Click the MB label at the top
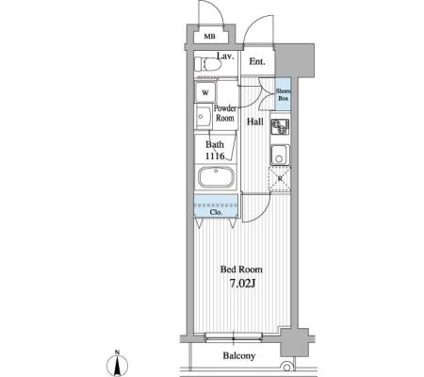pyautogui.click(x=209, y=37)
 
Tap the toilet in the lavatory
pyautogui.click(x=208, y=65)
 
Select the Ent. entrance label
pyautogui.click(x=257, y=61)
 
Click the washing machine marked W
pyautogui.click(x=205, y=92)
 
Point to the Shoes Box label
pyautogui.click(x=283, y=94)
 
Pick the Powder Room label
pyautogui.click(x=225, y=113)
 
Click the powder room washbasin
pyautogui.click(x=203, y=116)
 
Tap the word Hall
pyautogui.click(x=255, y=122)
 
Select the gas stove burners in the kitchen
pyautogui.click(x=280, y=127)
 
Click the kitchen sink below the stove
pyautogui.click(x=280, y=155)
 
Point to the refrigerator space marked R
pyautogui.click(x=280, y=179)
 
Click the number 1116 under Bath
pyautogui.click(x=215, y=156)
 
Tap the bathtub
pyautogui.click(x=216, y=177)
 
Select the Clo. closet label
pyautogui.click(x=216, y=212)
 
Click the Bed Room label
pyautogui.click(x=241, y=270)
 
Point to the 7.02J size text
pyautogui.click(x=242, y=284)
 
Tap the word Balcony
pyautogui.click(x=239, y=355)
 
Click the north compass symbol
pyautogui.click(x=117, y=364)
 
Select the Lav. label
pyautogui.click(x=225, y=57)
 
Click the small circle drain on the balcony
pyautogui.click(x=286, y=367)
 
